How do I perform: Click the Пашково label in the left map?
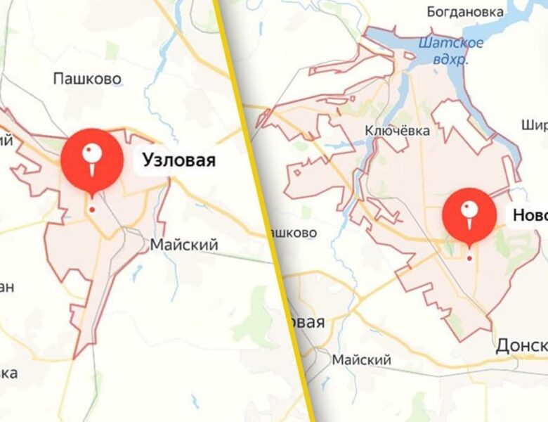[x=87, y=79]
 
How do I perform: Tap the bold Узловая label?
[x=178, y=160]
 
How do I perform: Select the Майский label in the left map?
[x=184, y=245]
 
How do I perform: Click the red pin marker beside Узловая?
[x=91, y=160]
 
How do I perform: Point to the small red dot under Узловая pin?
[x=91, y=209]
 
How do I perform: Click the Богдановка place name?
[x=466, y=12]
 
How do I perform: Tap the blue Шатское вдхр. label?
[x=451, y=50]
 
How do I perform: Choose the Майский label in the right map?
[x=361, y=360]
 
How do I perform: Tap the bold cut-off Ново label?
[x=530, y=216]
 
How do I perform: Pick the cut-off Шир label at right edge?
[x=535, y=125]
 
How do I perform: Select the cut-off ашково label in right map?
[x=292, y=232]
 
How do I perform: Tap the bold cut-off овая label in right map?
[x=304, y=322]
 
